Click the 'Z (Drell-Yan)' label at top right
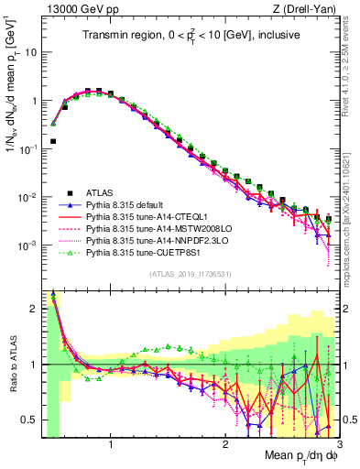pos(306,8)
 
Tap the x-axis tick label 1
pos(111,446)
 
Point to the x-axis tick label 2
pos(224,446)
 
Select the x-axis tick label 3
pos(337,446)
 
